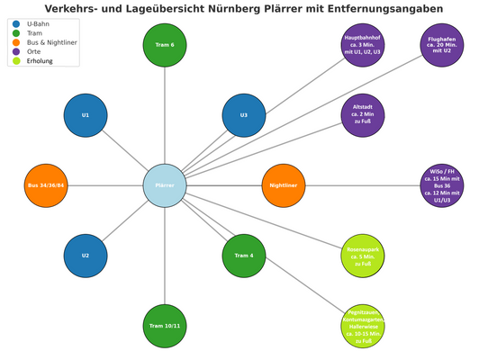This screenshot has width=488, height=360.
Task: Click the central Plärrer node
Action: click(x=165, y=185)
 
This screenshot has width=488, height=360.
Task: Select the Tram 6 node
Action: click(x=165, y=45)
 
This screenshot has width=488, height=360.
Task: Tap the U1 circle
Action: click(x=86, y=115)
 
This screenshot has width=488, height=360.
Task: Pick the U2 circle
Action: click(x=86, y=256)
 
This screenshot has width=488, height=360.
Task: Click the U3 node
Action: click(x=244, y=115)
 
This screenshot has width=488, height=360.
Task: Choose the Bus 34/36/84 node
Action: click(x=46, y=185)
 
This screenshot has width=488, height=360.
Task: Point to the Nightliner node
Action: click(x=284, y=185)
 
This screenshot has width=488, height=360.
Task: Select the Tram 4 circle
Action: click(x=244, y=256)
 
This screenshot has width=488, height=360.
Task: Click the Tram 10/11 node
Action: click(x=165, y=326)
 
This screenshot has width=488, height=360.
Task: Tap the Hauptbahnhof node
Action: click(x=363, y=45)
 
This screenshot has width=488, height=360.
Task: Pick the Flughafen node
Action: click(x=442, y=45)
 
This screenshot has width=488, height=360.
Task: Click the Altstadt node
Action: click(x=363, y=115)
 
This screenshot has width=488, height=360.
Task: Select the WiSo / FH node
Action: click(x=442, y=185)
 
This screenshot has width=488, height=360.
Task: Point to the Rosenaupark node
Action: click(x=363, y=256)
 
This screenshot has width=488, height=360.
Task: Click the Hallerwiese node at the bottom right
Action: click(x=363, y=326)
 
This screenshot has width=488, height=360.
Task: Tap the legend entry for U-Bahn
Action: click(x=39, y=23)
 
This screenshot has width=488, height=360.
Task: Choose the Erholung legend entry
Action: click(x=40, y=61)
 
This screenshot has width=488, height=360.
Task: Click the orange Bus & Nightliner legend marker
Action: click(x=16, y=42)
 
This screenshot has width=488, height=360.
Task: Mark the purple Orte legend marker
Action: click(x=16, y=51)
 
